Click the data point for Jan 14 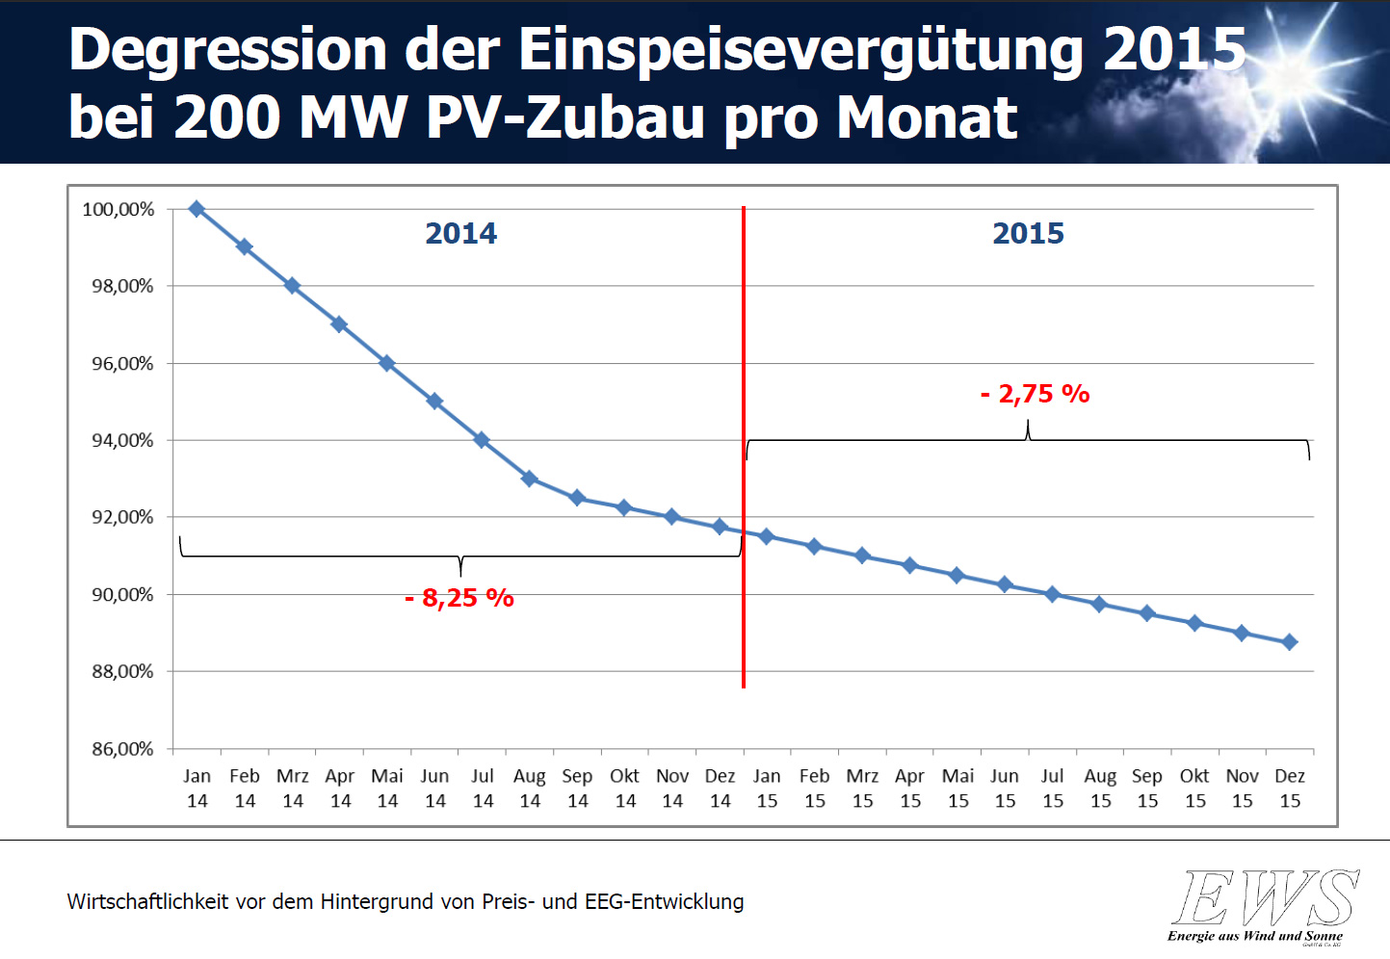point(197,209)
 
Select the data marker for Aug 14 point(529,479)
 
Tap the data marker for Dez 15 point(1290,642)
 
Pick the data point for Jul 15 point(1052,594)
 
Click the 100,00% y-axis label point(118,209)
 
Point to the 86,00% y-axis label point(122,748)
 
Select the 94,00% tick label point(122,440)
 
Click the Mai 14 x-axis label point(387,788)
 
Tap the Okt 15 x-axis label point(1194,788)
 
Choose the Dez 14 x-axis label point(720,788)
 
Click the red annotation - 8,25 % point(459,598)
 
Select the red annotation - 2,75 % point(1036,394)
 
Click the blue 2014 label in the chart point(460,233)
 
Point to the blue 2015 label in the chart point(1028,233)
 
